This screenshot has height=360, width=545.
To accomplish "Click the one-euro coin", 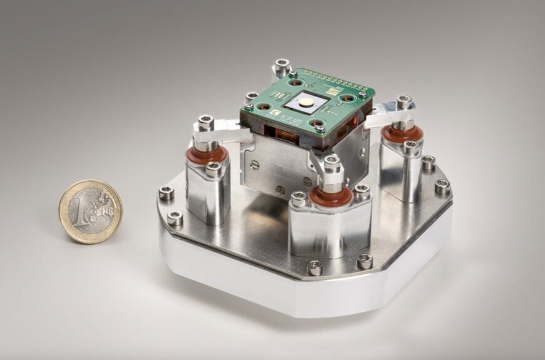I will [90, 211].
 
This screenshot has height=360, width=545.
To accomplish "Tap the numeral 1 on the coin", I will [80, 212].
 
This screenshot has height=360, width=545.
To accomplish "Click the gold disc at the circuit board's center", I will [308, 103].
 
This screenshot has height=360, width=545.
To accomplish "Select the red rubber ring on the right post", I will [402, 133].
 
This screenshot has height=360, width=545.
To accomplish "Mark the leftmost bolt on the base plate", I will [166, 192].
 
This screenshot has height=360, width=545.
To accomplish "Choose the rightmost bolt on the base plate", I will [442, 186].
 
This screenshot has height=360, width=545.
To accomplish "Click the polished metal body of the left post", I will [207, 194].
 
